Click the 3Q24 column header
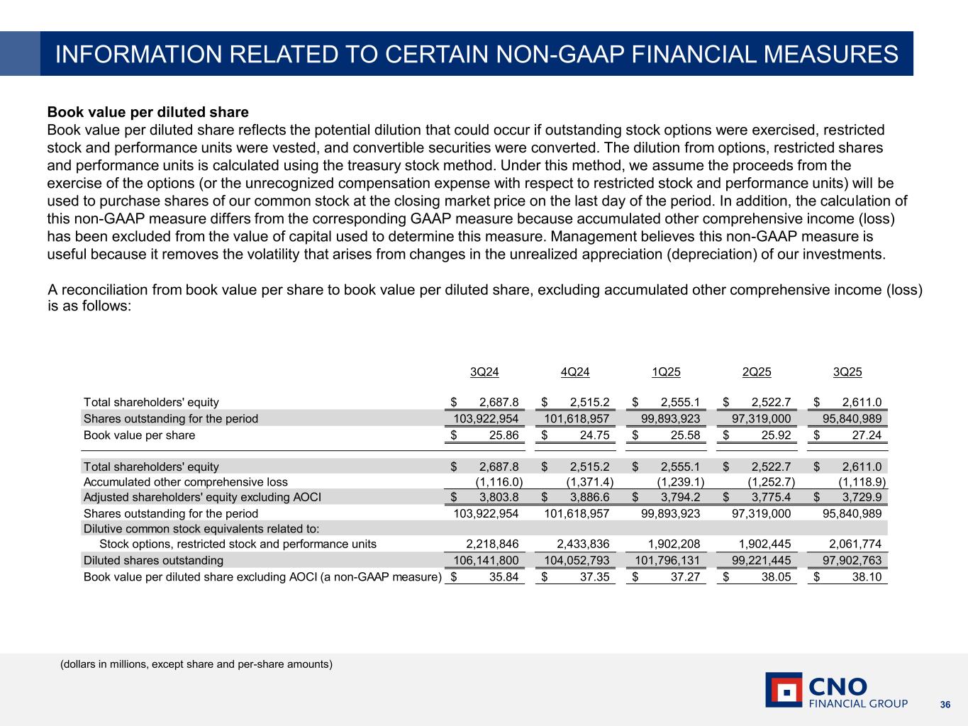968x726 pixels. tap(484, 372)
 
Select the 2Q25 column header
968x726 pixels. tap(757, 372)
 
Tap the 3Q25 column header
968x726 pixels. tap(847, 372)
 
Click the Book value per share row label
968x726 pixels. tap(139, 435)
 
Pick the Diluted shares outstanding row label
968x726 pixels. tap(153, 560)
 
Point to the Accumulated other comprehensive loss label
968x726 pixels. tap(186, 482)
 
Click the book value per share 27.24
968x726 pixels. tap(867, 435)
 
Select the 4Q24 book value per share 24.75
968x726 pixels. tap(595, 435)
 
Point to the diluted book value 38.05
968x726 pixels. tap(777, 577)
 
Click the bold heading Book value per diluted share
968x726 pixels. tap(148, 112)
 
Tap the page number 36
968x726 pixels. tap(945, 705)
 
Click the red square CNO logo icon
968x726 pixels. tap(784, 690)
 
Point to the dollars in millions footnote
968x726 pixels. tap(196, 664)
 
